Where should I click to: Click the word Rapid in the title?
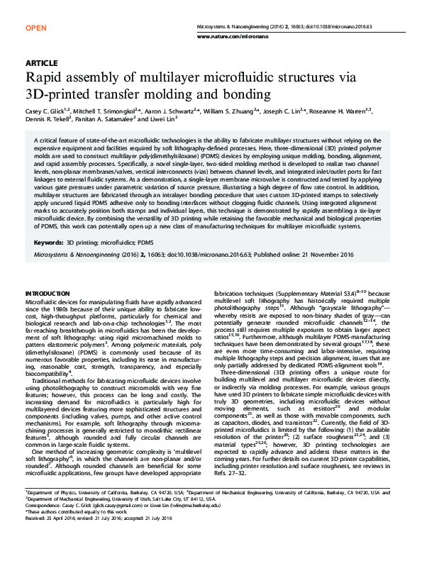[x=44, y=77]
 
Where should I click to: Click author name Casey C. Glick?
[x=44, y=112]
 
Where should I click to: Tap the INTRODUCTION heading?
[x=48, y=293]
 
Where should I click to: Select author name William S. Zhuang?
[x=232, y=112]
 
